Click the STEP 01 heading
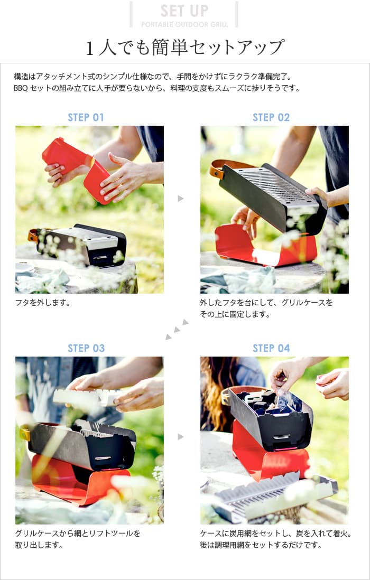pos(86,117)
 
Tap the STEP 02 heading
pos(271,117)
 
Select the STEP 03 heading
pos(86,348)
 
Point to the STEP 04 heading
pos(271,348)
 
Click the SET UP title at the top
pos(184,11)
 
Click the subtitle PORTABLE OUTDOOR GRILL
pos(184,24)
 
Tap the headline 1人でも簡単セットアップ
pos(185,48)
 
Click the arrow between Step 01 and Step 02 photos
pos(181,199)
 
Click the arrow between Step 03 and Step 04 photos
pos(181,437)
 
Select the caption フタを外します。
pos(43,303)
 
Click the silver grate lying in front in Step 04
pos(275,497)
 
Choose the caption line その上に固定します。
pos(235,314)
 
